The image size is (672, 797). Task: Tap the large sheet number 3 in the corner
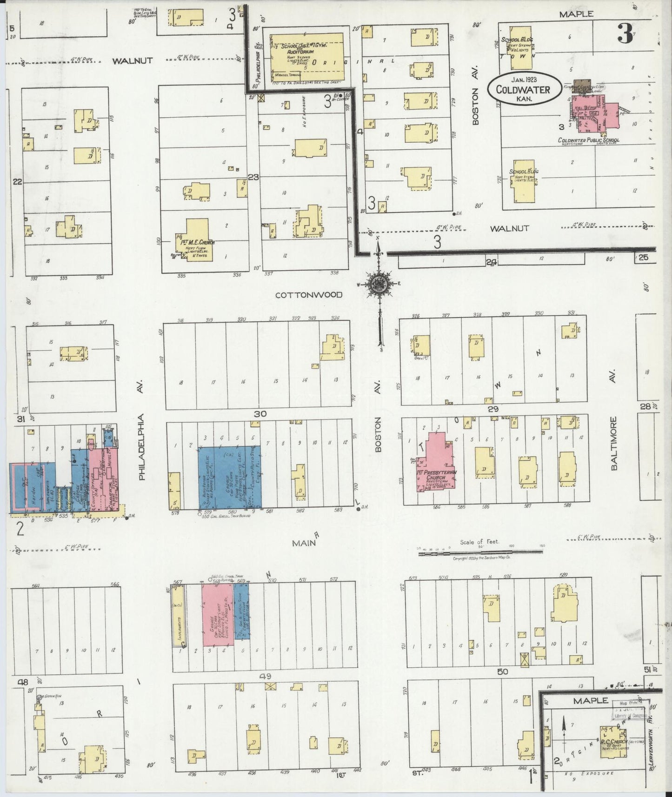click(x=625, y=33)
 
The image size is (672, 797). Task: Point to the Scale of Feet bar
click(x=480, y=551)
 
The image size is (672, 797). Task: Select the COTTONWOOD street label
click(x=308, y=295)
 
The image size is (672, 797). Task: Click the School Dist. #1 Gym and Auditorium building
click(x=307, y=56)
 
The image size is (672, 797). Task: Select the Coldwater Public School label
click(x=588, y=140)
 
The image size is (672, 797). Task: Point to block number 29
click(x=493, y=409)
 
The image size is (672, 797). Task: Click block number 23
click(x=253, y=177)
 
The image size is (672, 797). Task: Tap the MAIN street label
click(x=305, y=543)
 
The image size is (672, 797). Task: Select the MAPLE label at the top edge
click(x=576, y=14)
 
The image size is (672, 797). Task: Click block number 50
click(x=502, y=671)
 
